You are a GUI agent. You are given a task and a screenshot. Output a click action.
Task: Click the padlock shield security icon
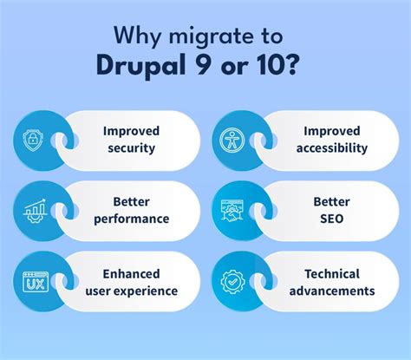30,140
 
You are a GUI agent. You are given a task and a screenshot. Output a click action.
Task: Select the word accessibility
331,148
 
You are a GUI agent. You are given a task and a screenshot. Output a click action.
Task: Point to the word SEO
331,219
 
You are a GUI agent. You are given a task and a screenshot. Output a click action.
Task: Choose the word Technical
331,274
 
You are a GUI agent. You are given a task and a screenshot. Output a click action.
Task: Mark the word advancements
331,291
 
